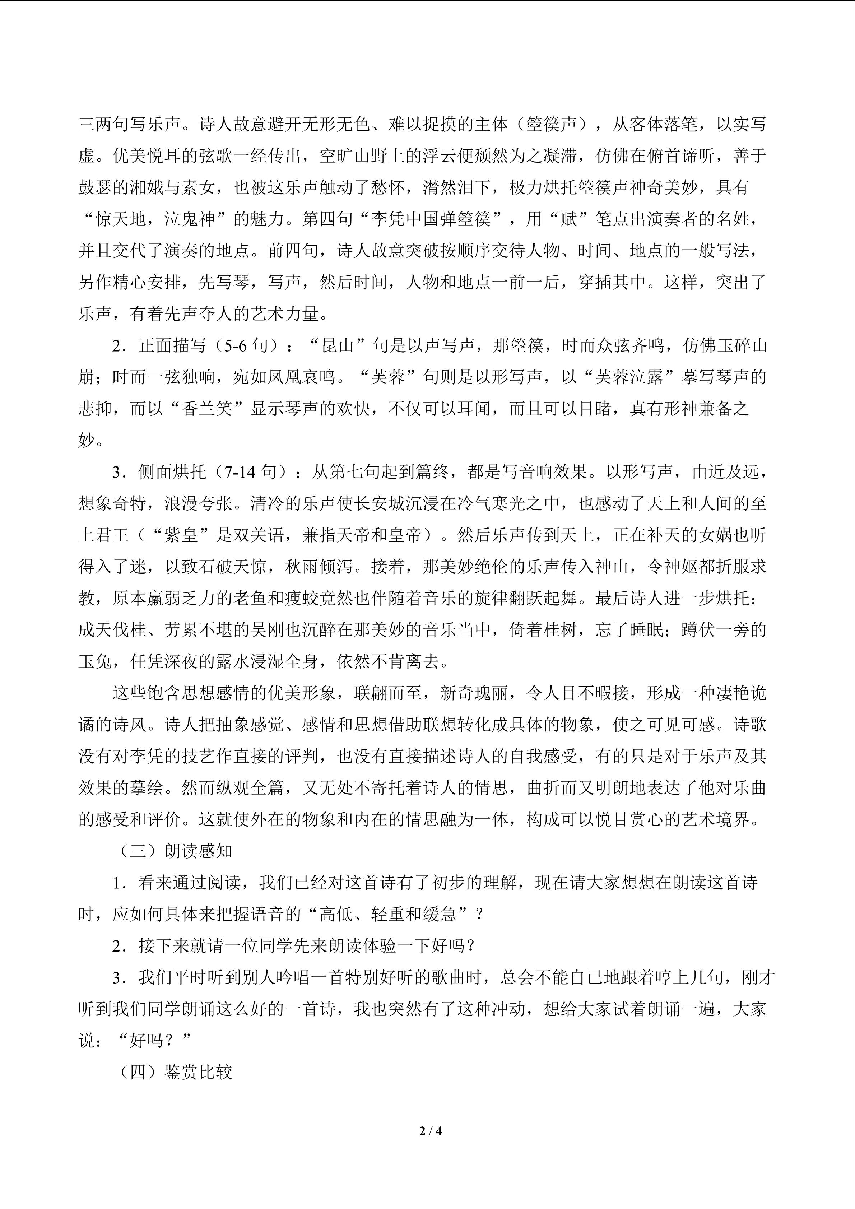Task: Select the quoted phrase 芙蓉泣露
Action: pos(629,377)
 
